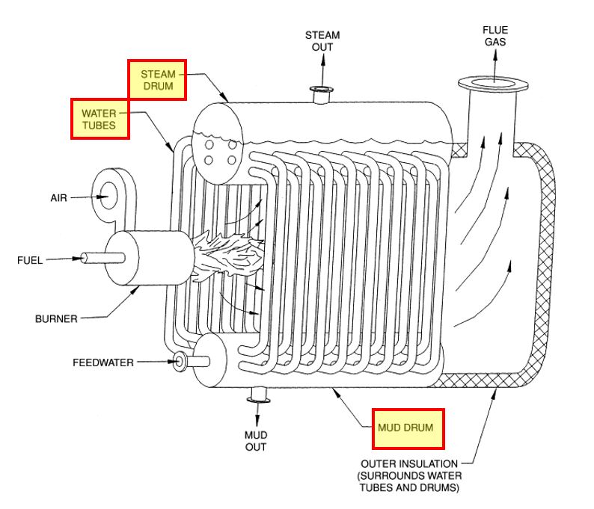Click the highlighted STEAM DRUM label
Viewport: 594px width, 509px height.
coord(158,80)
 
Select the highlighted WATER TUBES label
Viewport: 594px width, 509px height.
coord(100,119)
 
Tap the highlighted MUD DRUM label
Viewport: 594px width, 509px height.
coord(408,428)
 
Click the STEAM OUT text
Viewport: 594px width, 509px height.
coord(322,41)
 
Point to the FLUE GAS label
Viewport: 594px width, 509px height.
coord(495,36)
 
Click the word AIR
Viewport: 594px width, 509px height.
coord(59,198)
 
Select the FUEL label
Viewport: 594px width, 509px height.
coord(30,260)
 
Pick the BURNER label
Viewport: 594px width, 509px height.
coord(56,318)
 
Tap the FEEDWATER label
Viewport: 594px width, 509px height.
coord(103,363)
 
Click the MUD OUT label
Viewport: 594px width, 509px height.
coord(256,440)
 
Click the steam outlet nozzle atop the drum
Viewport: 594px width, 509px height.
coord(322,94)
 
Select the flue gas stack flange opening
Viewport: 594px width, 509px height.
coord(493,84)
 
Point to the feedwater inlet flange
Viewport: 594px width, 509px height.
coord(180,363)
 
